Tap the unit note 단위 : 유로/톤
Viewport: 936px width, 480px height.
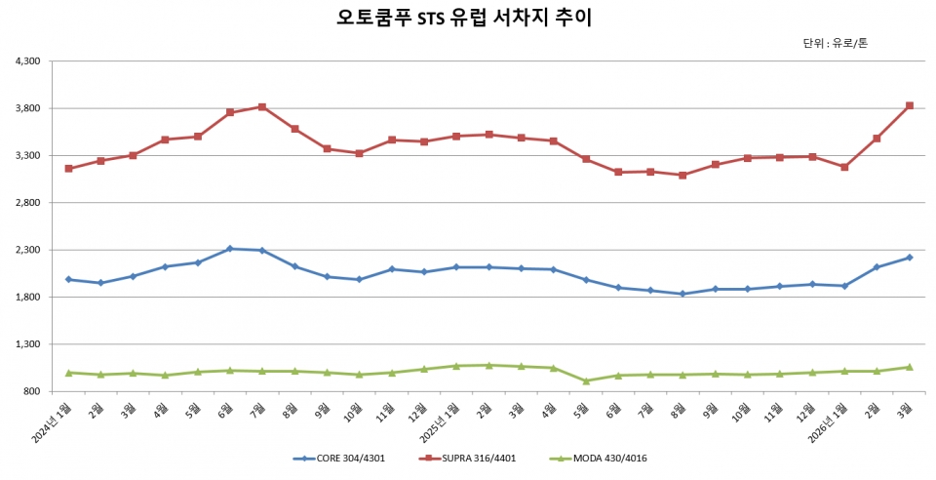click(x=835, y=43)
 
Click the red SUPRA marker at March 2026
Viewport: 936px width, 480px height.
click(x=910, y=105)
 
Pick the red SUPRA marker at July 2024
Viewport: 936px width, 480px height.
click(x=262, y=106)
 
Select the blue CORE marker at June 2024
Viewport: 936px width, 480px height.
click(x=230, y=249)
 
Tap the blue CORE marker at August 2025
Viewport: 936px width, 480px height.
click(x=682, y=294)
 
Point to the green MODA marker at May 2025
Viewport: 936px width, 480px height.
click(x=586, y=381)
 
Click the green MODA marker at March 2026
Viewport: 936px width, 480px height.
click(x=910, y=367)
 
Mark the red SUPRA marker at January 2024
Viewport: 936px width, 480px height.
click(x=68, y=169)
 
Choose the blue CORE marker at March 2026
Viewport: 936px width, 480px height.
click(x=910, y=258)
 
